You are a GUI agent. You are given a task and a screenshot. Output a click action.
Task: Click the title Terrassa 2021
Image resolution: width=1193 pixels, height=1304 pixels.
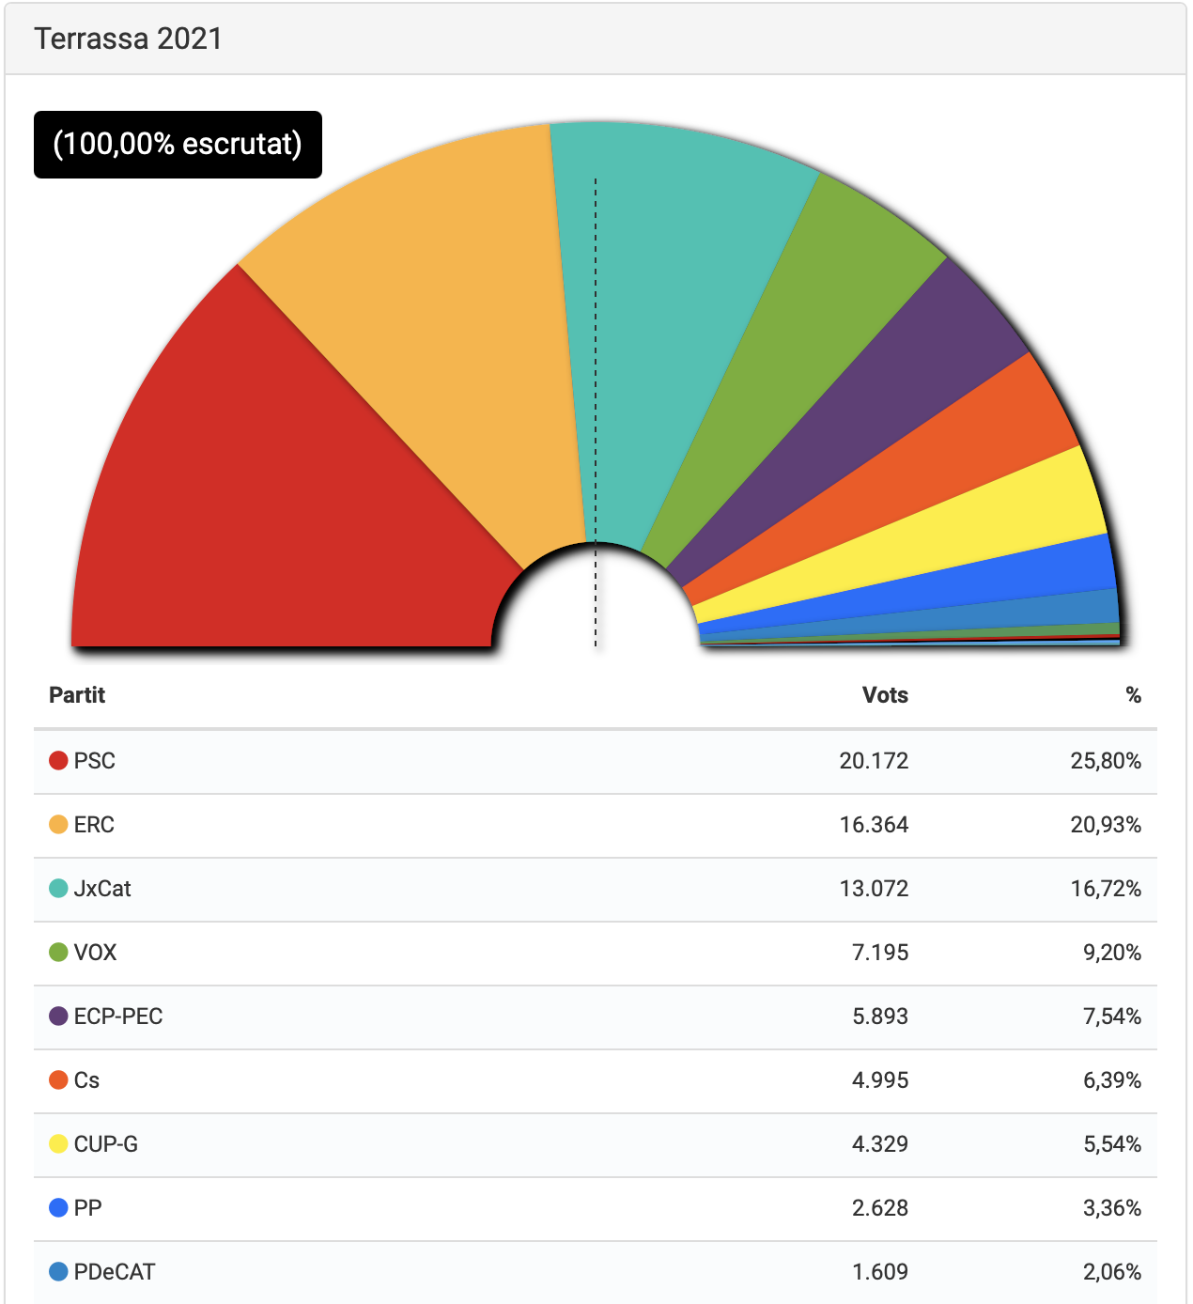click(x=128, y=39)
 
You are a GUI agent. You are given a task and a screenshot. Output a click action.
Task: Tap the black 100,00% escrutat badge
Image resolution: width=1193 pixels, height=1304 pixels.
click(x=178, y=145)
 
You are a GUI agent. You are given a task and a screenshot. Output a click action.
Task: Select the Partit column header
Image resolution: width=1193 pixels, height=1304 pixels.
click(x=77, y=695)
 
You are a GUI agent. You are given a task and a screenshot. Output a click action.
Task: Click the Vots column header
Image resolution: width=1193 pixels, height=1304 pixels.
click(x=885, y=695)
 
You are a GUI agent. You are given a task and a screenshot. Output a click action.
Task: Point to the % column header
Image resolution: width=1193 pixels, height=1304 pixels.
click(x=1133, y=695)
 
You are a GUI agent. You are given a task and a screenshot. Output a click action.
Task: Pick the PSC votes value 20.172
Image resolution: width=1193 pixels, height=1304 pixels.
click(x=874, y=761)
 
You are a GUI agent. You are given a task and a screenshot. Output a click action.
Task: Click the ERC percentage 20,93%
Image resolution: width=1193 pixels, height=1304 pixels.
click(x=1106, y=825)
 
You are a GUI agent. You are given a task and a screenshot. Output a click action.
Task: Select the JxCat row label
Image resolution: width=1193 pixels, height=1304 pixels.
click(x=102, y=889)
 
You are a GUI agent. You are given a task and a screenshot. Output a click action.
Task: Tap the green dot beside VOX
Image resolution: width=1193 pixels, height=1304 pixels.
click(x=58, y=953)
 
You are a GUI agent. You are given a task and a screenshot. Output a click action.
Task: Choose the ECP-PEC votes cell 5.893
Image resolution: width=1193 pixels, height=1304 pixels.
click(x=880, y=1017)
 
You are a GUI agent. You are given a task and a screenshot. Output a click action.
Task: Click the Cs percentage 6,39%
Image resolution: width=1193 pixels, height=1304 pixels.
click(x=1112, y=1080)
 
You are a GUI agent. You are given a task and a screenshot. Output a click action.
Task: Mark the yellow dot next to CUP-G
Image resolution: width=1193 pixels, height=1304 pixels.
click(x=58, y=1144)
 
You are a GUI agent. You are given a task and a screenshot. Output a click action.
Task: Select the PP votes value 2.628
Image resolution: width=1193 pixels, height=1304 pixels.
click(x=880, y=1208)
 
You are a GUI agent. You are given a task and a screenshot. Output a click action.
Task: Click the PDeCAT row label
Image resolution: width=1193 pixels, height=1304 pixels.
click(x=115, y=1272)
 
